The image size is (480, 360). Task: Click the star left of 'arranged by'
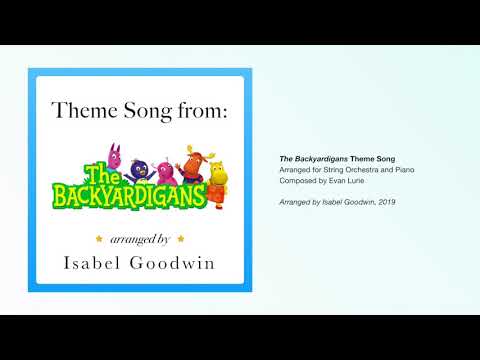click(98, 239)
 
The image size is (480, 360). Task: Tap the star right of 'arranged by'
click(179, 239)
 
